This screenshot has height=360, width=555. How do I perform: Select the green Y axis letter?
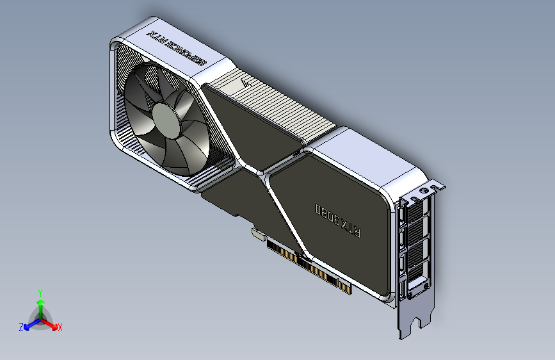40,292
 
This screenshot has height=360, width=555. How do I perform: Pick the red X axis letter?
60,328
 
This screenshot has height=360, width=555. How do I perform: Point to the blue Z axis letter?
21,327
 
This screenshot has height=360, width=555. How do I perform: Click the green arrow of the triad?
40,304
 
